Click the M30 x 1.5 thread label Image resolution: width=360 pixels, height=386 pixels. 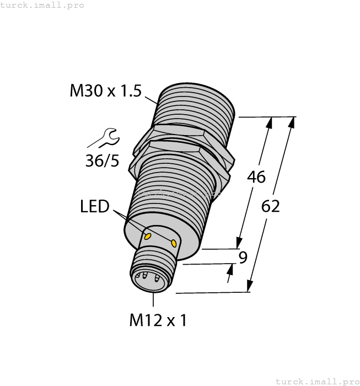coord(105,91)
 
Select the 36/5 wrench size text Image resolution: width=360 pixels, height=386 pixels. coord(103,162)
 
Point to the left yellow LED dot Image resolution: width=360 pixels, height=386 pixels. coord(148,236)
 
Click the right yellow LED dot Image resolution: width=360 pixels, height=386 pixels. coord(174,243)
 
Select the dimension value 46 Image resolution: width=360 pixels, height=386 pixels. coord(256,178)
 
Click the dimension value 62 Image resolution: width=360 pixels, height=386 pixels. coord(271,206)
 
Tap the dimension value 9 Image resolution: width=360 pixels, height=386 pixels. coord(241,256)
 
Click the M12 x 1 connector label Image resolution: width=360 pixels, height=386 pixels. coord(158,320)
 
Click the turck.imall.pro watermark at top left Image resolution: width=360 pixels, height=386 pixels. coord(42,5)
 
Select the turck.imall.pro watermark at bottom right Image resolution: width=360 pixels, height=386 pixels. coord(316,381)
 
